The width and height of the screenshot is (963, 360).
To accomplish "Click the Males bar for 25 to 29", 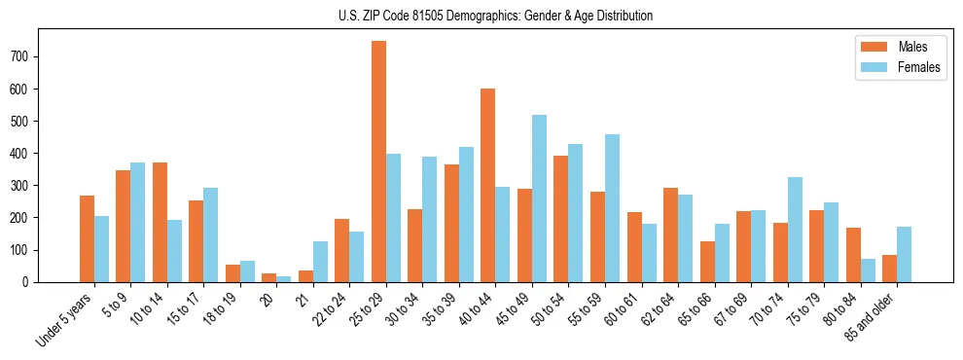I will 378,162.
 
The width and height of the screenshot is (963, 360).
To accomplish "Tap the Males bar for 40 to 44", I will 488,185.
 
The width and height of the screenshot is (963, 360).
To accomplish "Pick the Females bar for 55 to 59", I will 612,208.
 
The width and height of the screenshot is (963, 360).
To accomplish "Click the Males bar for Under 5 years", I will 87,238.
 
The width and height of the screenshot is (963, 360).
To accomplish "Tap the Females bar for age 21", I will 320,262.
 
